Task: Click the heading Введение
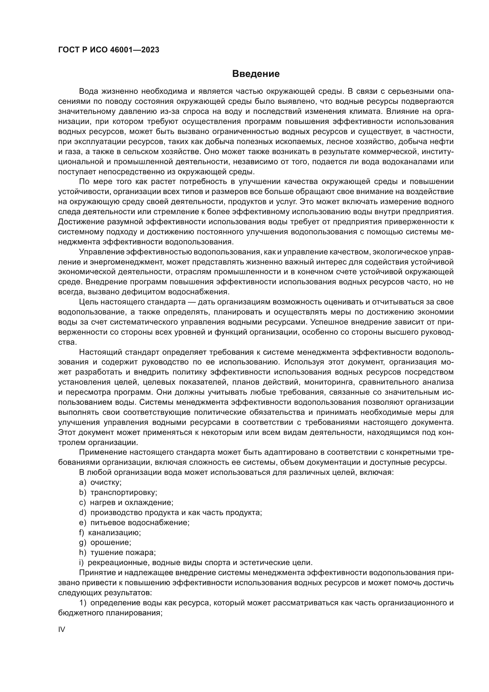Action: coord(256,74)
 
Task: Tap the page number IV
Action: coord(61,629)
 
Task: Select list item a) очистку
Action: coord(100,482)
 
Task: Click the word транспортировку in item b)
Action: coord(124,493)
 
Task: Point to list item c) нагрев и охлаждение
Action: coord(126,502)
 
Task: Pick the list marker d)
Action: coord(82,512)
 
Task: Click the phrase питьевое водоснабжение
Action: coord(140,522)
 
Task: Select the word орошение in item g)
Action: coord(111,543)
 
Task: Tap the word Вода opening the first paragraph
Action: coord(88,91)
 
